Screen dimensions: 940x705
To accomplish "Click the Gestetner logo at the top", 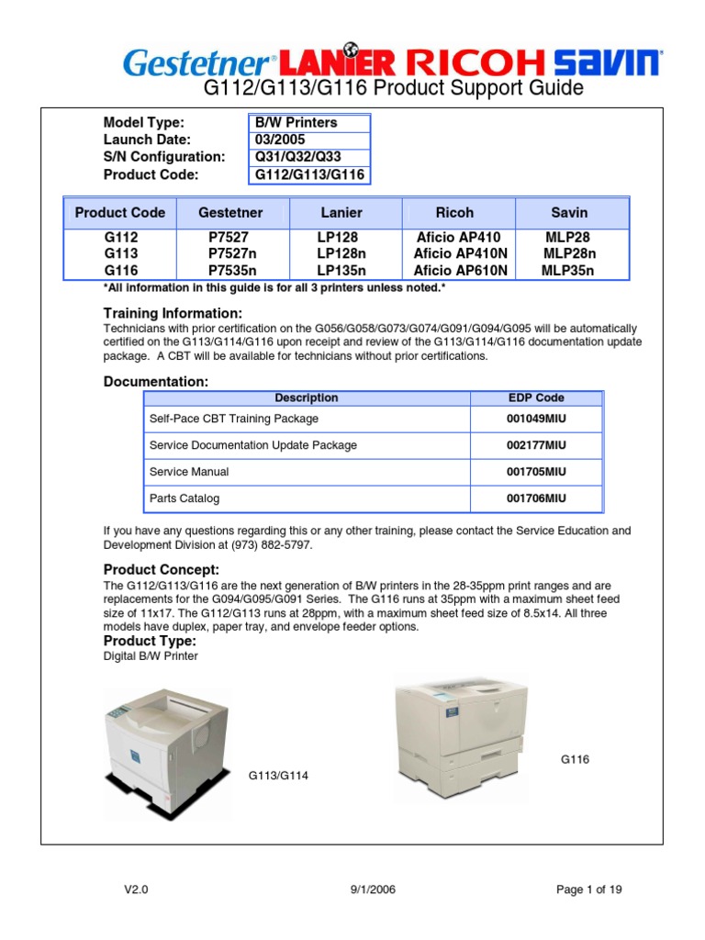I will tap(196, 63).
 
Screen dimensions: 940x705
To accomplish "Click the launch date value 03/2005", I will tap(280, 140).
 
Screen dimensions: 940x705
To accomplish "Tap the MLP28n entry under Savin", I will tap(569, 253).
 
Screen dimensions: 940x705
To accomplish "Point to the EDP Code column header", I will tap(536, 398).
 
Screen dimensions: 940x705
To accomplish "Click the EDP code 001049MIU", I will tap(536, 419).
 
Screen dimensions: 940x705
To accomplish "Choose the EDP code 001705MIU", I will tap(536, 472).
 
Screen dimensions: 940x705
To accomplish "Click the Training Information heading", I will tap(173, 314).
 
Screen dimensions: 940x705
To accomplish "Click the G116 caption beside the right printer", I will tap(575, 759).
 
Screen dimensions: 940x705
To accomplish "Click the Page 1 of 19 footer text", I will tap(589, 890).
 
